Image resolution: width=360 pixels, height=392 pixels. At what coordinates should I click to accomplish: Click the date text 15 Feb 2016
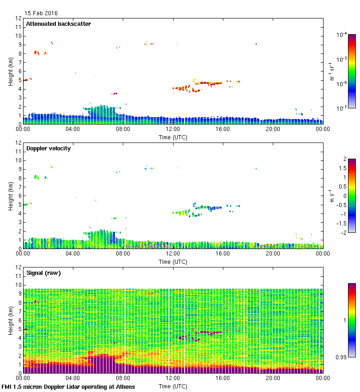[41, 13]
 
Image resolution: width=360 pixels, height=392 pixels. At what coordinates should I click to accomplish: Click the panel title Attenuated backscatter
[59, 24]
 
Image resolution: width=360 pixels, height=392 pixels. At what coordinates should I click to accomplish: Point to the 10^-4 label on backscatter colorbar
[342, 35]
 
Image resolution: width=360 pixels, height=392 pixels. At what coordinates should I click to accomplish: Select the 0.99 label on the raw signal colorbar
[342, 356]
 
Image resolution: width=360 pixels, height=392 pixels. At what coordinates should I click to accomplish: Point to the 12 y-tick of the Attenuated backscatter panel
[19, 18]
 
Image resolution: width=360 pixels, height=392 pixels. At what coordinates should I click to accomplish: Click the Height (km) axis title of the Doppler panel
[11, 196]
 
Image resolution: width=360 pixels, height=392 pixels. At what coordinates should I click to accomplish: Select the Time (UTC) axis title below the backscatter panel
[173, 137]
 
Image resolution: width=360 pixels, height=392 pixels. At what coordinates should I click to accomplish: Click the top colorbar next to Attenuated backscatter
[352, 71]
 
